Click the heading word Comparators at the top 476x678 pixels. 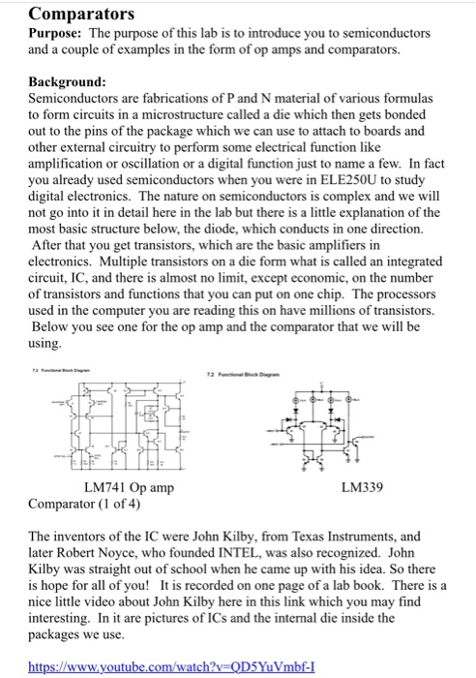tap(81, 15)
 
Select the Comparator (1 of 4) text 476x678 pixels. tap(84, 504)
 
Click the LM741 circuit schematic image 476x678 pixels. tap(119, 428)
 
